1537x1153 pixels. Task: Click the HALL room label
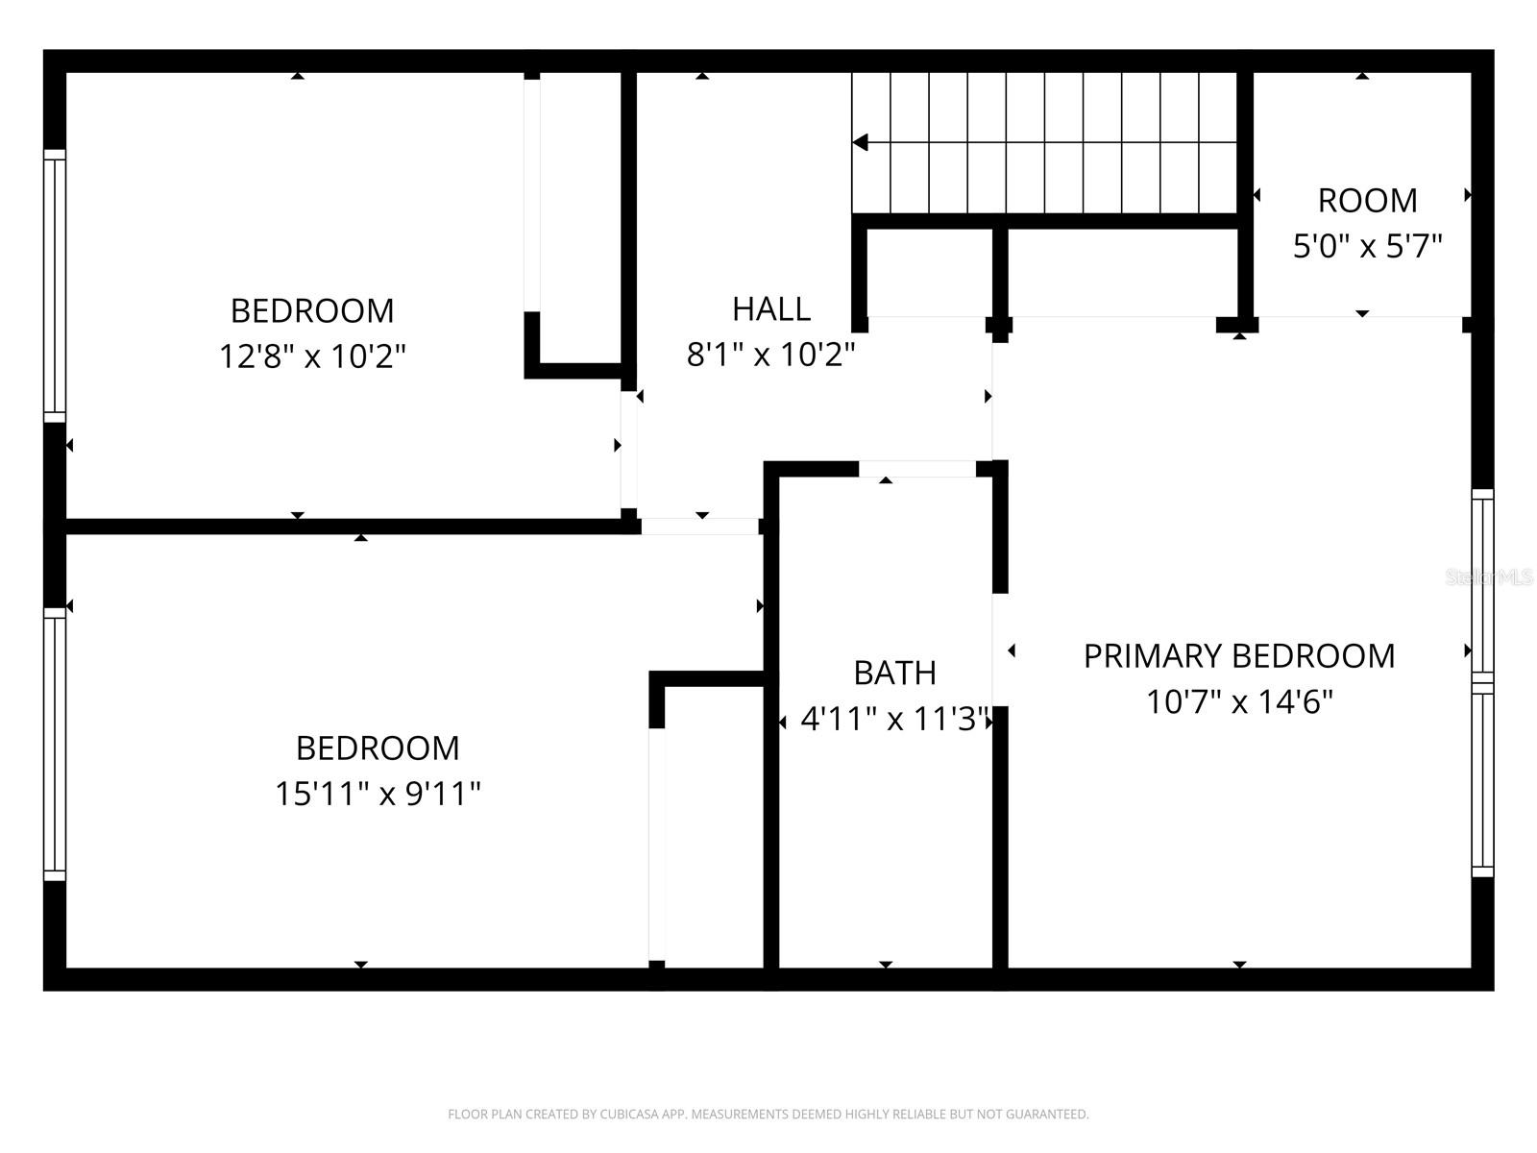coord(771,308)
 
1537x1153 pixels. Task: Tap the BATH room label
coord(894,673)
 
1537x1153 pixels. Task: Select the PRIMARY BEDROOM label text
coord(1238,656)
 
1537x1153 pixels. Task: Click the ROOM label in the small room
coord(1367,201)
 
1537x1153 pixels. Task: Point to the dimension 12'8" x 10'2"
coord(312,356)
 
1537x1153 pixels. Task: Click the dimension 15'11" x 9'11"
coord(378,794)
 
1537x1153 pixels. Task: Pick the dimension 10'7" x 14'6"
coord(1238,700)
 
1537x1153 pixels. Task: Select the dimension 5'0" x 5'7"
coord(1367,246)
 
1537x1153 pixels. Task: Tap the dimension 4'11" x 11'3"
coord(894,719)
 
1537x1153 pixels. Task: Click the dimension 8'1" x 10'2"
coord(771,354)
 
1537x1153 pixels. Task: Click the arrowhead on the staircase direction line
coord(861,142)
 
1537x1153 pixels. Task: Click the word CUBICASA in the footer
coord(627,1114)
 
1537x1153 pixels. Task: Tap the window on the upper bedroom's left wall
coord(55,285)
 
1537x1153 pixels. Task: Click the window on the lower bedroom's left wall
coord(55,744)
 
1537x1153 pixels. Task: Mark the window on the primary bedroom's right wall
coord(1482,682)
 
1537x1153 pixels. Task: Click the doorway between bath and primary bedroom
coord(1000,650)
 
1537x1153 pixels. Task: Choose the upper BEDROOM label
coord(312,310)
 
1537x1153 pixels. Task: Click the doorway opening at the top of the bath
coord(917,469)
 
